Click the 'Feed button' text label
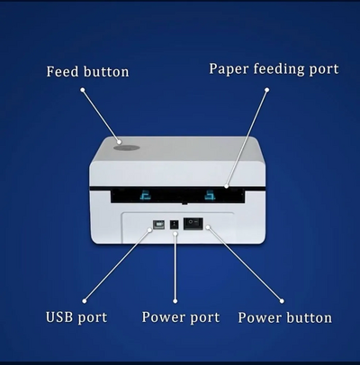87,72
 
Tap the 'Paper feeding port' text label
274,69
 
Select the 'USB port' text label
76,317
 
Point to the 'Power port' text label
181,317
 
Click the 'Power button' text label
285,318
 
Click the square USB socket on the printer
158,225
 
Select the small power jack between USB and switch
175,225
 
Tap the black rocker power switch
193,224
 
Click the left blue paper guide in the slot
146,196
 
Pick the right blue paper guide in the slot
210,195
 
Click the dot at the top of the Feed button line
83,90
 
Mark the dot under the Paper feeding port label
266,90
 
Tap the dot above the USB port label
85,301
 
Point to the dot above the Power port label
175,301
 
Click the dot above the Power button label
282,301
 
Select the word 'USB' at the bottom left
59,317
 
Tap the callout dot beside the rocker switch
208,227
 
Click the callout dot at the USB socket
150,230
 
